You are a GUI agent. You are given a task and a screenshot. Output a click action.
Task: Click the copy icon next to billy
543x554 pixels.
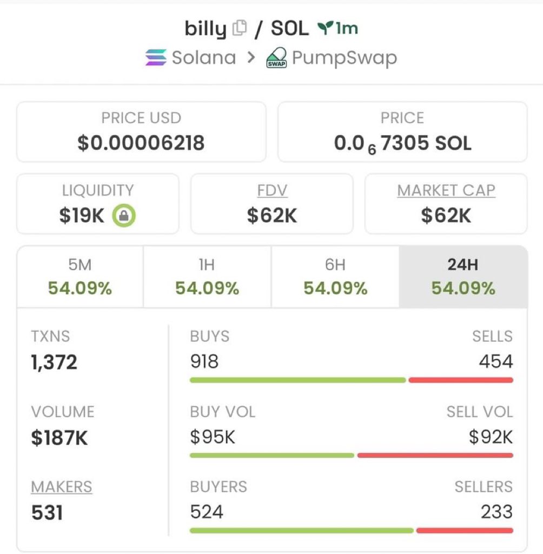(239, 28)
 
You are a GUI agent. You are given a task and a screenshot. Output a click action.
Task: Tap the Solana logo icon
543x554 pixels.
(156, 57)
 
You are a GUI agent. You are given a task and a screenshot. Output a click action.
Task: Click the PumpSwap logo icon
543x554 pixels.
(276, 58)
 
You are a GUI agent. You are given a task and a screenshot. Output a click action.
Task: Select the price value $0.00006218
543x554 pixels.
(141, 143)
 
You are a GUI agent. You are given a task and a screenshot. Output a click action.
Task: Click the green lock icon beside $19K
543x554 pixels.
(124, 216)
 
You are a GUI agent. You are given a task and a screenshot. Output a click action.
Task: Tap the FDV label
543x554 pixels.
(272, 190)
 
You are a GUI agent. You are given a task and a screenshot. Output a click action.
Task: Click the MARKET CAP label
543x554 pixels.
(446, 190)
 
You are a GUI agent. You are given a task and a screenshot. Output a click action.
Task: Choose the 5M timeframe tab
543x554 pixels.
(80, 276)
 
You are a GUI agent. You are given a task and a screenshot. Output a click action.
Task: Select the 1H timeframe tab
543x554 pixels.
(207, 276)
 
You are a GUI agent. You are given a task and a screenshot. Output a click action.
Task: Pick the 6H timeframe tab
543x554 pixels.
(335, 276)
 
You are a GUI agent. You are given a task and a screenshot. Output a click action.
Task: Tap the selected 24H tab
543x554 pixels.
(463, 276)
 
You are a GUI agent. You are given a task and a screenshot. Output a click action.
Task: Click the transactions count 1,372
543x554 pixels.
(54, 362)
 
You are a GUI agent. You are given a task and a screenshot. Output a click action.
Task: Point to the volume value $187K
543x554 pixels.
(59, 437)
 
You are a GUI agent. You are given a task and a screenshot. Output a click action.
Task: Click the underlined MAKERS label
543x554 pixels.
(62, 487)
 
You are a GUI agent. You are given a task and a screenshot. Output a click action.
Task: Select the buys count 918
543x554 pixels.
(204, 361)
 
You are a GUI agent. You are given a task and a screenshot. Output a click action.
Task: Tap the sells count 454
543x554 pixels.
(495, 361)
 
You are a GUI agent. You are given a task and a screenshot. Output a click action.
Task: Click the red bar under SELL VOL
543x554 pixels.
(435, 456)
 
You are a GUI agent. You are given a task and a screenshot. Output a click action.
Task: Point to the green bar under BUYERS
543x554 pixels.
(301, 530)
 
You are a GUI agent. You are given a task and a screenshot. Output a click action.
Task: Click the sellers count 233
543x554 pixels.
(496, 511)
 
